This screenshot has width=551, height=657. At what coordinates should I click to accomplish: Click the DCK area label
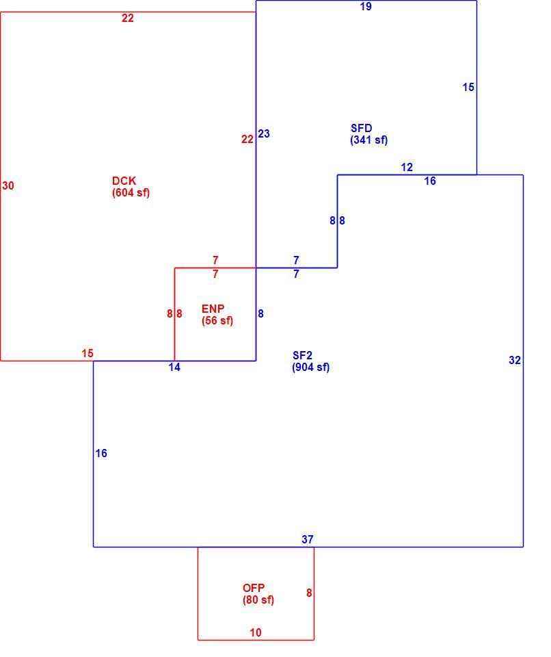pyautogui.click(x=124, y=181)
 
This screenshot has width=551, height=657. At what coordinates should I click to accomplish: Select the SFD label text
pyautogui.click(x=362, y=128)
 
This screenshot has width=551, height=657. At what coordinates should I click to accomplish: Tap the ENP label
pyautogui.click(x=213, y=309)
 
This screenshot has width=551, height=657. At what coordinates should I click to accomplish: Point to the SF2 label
pyautogui.click(x=302, y=356)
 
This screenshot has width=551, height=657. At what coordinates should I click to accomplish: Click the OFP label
pyautogui.click(x=254, y=588)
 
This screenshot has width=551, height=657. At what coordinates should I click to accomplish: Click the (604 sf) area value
pyautogui.click(x=131, y=193)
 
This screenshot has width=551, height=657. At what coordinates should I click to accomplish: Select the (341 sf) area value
pyautogui.click(x=369, y=140)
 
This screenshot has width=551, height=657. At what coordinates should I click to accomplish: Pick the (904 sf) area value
pyautogui.click(x=310, y=368)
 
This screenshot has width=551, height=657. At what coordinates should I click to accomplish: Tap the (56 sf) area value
pyautogui.click(x=217, y=321)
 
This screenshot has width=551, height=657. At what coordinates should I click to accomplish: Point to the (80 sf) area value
pyautogui.click(x=258, y=600)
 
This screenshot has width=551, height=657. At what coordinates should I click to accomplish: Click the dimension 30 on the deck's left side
pyautogui.click(x=8, y=185)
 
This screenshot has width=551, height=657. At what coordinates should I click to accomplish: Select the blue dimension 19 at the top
pyautogui.click(x=366, y=6)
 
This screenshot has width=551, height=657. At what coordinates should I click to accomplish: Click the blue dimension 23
pyautogui.click(x=264, y=133)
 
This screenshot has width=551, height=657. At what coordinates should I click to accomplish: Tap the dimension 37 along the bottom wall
pyautogui.click(x=308, y=540)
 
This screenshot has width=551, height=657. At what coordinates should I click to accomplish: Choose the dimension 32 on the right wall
pyautogui.click(x=515, y=361)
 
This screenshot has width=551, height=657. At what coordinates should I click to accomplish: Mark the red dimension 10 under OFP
pyautogui.click(x=256, y=632)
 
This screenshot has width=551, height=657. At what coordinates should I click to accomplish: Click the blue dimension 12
pyautogui.click(x=407, y=168)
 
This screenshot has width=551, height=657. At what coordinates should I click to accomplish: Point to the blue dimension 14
pyautogui.click(x=174, y=368)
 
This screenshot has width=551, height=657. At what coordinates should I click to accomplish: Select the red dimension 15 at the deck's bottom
pyautogui.click(x=88, y=354)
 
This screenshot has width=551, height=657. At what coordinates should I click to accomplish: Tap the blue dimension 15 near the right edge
pyautogui.click(x=468, y=87)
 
